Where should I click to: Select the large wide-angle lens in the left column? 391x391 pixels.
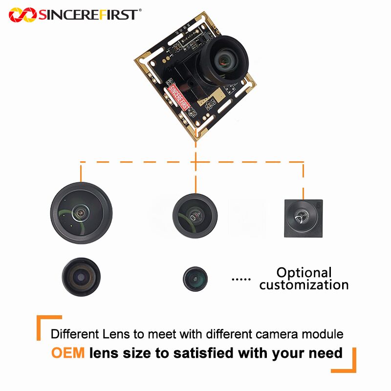81,213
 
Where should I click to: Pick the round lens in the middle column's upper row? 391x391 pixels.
195,215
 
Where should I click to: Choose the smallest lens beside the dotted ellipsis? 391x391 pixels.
195,279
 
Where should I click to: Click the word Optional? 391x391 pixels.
304,273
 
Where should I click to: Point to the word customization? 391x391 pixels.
304,284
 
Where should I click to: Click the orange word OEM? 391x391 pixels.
68,353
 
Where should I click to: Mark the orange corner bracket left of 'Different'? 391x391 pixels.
46,325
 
